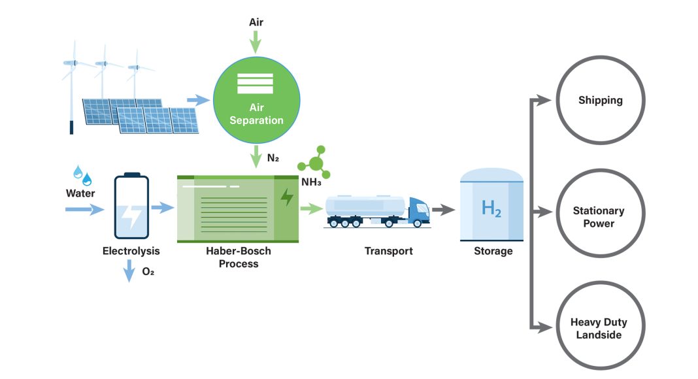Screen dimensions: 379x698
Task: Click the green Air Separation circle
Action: pos(257,100)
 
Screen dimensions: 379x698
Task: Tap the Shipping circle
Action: pos(600,100)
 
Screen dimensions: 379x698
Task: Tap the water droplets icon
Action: pos(82,174)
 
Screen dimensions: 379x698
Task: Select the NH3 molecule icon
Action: pos(315,163)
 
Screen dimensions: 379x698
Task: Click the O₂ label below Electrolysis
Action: pos(148,271)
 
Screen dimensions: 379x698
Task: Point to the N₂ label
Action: pos(273,157)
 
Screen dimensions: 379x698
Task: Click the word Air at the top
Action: pos(256,22)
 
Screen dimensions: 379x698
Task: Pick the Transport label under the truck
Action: pos(388,251)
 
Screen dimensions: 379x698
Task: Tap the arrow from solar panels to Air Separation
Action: pos(196,100)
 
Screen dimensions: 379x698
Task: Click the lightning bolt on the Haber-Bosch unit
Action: pos(286,197)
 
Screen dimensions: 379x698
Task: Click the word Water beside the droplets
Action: pos(80,193)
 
